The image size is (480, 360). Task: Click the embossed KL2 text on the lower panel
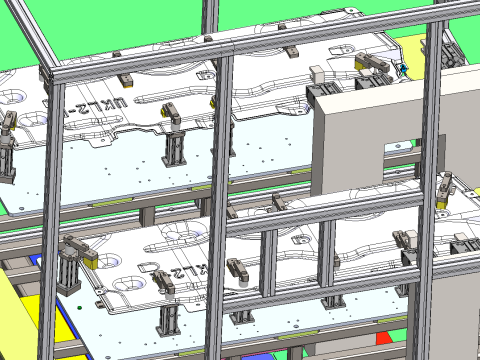(187, 272)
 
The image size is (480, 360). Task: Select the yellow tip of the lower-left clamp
(89, 258)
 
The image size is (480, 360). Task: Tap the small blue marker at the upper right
(404, 70)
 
